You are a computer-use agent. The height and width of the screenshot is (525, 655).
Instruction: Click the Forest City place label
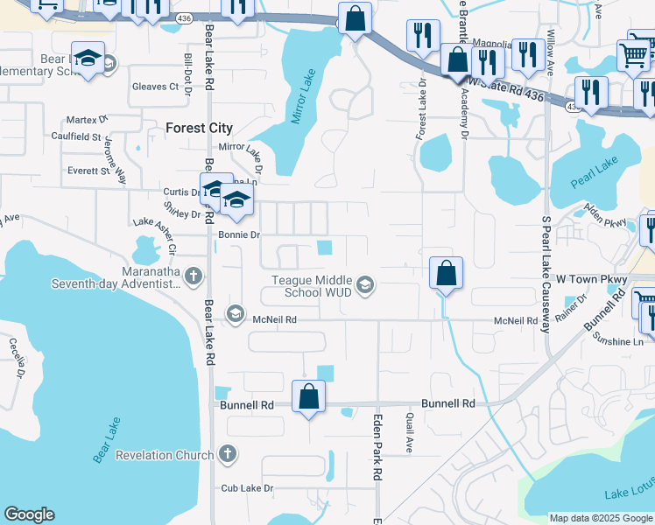pos(199,128)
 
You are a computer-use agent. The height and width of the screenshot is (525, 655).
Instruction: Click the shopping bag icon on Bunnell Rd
pos(308,397)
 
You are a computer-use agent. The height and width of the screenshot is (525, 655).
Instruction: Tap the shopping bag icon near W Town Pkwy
pos(446,273)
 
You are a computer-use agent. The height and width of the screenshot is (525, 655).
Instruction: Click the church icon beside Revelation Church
pos(228,454)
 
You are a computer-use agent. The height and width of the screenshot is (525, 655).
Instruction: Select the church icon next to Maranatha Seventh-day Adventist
pos(194,276)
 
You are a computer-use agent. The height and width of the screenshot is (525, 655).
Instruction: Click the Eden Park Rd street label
pos(378,445)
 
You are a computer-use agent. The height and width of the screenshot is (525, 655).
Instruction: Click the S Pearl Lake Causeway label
pos(545,274)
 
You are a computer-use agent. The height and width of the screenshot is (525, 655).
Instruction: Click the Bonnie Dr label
pos(239,235)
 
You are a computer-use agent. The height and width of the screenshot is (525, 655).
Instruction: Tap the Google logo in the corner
pos(29,514)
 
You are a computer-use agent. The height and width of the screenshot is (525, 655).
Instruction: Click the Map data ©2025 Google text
pos(600,518)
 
